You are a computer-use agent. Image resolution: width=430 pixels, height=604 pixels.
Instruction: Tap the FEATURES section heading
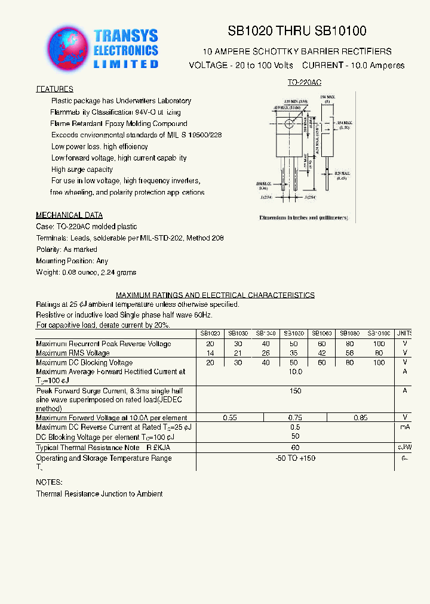(x=54, y=90)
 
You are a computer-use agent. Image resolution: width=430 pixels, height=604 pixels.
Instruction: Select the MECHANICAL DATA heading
(x=69, y=215)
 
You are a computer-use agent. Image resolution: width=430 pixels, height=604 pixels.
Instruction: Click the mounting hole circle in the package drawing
(x=289, y=124)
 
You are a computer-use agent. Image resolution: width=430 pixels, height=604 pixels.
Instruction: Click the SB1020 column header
(x=210, y=334)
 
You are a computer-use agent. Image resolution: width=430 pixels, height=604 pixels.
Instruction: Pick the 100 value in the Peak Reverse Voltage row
(x=379, y=344)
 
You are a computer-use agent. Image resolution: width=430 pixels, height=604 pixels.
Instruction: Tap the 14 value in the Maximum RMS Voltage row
(x=210, y=353)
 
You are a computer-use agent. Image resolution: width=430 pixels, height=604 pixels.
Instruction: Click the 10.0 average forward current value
(x=295, y=371)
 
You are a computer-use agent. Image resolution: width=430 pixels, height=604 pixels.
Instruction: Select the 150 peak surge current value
(x=295, y=390)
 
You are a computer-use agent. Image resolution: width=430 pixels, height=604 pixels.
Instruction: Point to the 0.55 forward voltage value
(x=230, y=418)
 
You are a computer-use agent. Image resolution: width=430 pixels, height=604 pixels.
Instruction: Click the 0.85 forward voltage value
(x=360, y=418)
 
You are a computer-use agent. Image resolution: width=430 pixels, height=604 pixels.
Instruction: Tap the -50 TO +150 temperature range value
(x=295, y=458)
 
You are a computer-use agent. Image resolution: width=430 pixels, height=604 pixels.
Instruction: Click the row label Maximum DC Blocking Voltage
(x=84, y=362)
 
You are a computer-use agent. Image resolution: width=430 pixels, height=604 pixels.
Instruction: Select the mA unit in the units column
(x=404, y=427)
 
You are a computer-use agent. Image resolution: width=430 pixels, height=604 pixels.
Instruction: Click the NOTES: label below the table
(x=49, y=482)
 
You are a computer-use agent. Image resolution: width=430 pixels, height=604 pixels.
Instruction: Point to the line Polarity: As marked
(x=66, y=249)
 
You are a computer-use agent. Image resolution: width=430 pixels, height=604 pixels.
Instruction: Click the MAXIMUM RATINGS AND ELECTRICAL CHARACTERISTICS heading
(x=215, y=295)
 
